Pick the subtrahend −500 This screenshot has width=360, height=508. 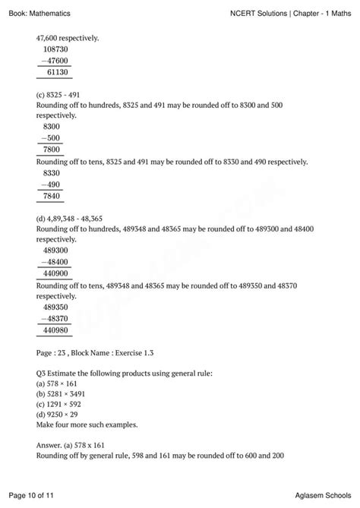[x=53, y=138]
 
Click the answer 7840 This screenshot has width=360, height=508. [x=55, y=194]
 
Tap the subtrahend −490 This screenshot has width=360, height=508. [x=53, y=184]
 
